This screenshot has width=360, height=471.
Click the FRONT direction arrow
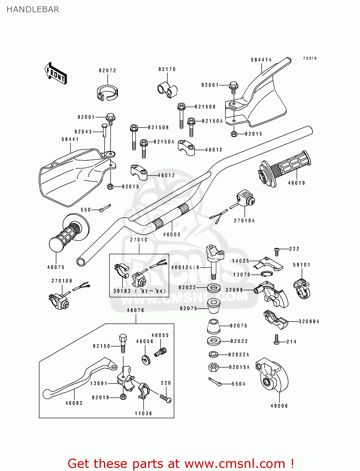56,73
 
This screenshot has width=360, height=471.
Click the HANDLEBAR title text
33,9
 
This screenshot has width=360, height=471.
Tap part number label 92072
107,71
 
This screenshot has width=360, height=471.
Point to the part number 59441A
261,60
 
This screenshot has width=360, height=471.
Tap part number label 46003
172,235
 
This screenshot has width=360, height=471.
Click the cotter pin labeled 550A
215,382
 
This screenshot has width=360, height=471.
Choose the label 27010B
62,281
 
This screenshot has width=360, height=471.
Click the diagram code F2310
310,58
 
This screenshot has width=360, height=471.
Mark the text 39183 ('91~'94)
139,291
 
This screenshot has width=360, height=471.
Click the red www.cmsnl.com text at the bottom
234,463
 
